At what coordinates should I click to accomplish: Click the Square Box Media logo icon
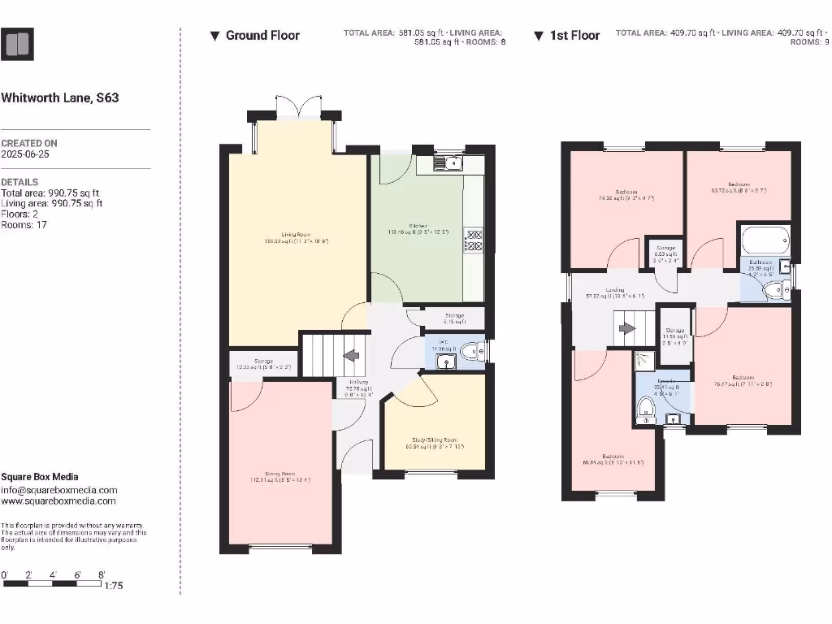click(18, 44)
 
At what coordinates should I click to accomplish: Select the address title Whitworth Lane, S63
click(60, 97)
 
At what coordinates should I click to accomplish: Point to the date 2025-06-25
click(25, 154)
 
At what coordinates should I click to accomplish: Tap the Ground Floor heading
click(262, 36)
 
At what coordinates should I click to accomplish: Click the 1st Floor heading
click(574, 36)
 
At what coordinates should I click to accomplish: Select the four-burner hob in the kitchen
click(474, 241)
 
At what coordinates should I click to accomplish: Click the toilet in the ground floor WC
click(471, 352)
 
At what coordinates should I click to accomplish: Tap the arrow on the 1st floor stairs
click(626, 328)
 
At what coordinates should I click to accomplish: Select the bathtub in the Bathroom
click(763, 241)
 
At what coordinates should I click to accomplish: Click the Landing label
click(614, 290)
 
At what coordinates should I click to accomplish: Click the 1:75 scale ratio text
click(115, 586)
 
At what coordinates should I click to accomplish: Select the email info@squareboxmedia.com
click(58, 490)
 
